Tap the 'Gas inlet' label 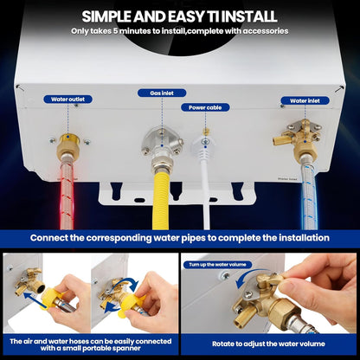click(162, 93)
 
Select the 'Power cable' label click(205, 107)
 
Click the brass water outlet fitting click(67, 147)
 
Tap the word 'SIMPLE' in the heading click(110, 16)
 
